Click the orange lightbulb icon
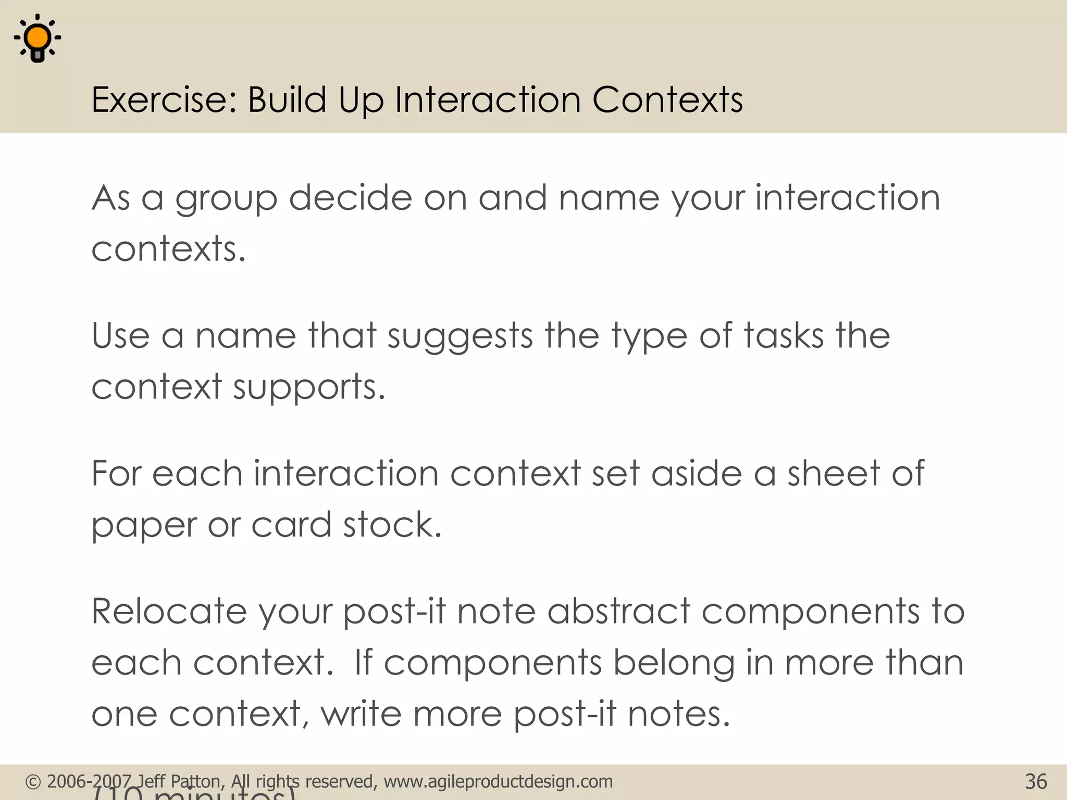click(x=38, y=39)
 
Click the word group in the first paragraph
click(x=226, y=199)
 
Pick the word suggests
click(x=460, y=336)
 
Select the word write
click(x=361, y=714)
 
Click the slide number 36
click(x=1036, y=782)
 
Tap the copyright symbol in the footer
click(x=33, y=782)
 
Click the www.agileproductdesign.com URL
click(x=498, y=782)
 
